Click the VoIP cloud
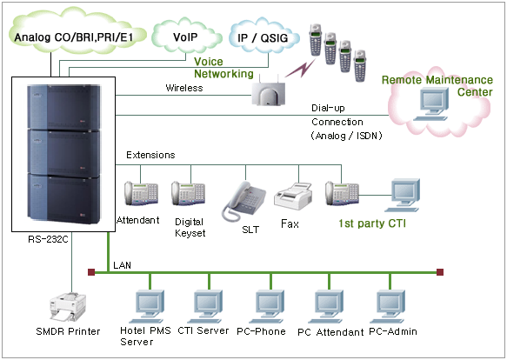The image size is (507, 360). tap(186, 37)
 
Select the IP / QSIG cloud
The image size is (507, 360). tap(264, 37)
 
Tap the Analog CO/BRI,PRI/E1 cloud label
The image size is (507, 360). tap(74, 37)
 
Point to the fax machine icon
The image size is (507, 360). tap(293, 197)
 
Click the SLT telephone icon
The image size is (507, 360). tap(243, 202)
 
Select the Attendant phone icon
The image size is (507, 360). tap(141, 194)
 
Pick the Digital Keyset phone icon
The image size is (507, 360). tap(188, 194)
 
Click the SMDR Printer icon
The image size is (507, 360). tap(67, 308)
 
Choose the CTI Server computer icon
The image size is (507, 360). tap(205, 306)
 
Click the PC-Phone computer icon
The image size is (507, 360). tap(267, 306)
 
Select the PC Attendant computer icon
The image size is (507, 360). tap(326, 306)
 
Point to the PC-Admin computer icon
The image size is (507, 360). tap(387, 306)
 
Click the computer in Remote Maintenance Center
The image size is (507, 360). tap(431, 103)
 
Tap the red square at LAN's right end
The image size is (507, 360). tap(440, 272)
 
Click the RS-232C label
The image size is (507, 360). tap(48, 239)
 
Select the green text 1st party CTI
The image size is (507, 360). tap(372, 223)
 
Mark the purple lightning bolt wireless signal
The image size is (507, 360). tap(301, 68)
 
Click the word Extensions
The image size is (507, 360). tap(150, 155)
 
